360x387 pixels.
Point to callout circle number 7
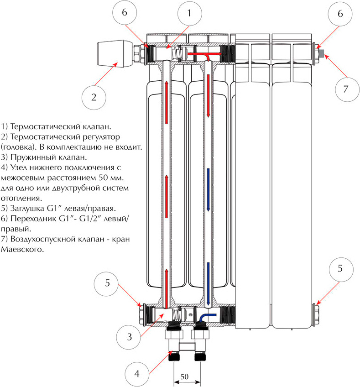click(345, 89)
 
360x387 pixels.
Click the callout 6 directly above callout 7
click(339, 15)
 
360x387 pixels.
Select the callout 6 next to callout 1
click(124, 15)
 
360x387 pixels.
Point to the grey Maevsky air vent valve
click(322, 54)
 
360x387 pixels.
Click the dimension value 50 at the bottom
click(184, 377)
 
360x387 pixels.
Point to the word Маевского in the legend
click(22, 250)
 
